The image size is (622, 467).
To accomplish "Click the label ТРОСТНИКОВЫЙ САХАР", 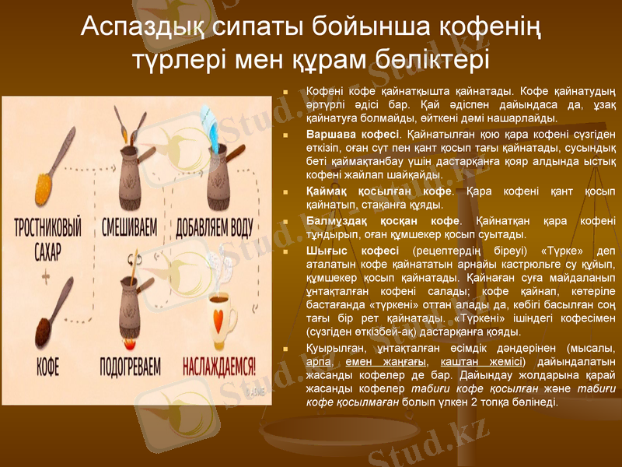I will (48, 241).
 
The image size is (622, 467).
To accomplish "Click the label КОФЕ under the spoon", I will (47, 365).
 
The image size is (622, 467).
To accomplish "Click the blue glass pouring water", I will (216, 121).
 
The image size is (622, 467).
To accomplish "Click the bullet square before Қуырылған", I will (288, 349).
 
